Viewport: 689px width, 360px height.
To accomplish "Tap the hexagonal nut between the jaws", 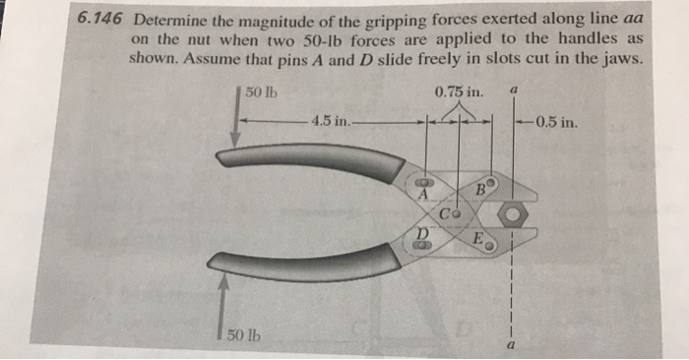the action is tap(513, 214).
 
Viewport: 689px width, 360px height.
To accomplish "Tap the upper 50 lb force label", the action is tap(261, 93).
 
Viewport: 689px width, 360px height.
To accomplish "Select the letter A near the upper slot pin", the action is tap(422, 195).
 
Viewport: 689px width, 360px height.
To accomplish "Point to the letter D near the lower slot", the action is tap(421, 232).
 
